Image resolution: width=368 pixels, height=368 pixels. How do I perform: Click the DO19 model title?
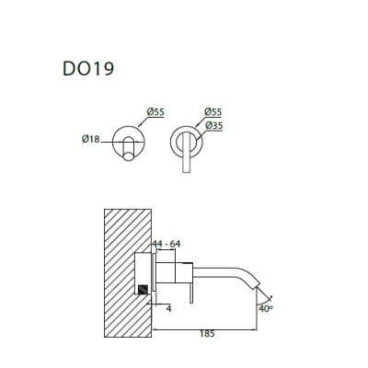click(88, 68)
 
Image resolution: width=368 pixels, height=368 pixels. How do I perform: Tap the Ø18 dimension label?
click(91, 139)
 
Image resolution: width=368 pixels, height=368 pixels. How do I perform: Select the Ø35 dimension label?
click(213, 125)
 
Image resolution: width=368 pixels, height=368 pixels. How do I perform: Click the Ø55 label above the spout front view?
click(155, 112)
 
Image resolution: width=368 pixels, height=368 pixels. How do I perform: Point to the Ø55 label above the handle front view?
click(213, 112)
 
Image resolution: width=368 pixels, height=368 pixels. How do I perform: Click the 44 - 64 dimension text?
click(167, 244)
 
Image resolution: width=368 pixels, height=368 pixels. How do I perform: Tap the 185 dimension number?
click(207, 334)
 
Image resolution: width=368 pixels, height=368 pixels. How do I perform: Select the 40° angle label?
click(266, 308)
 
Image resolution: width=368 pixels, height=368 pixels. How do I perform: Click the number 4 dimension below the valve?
click(168, 308)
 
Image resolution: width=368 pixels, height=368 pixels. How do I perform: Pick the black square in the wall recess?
click(144, 290)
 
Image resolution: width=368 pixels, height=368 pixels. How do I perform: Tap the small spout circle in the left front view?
click(129, 157)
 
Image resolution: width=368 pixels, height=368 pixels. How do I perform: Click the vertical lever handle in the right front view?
click(187, 152)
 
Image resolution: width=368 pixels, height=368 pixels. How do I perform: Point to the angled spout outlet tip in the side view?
click(256, 285)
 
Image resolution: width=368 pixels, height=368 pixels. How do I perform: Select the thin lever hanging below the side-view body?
click(191, 293)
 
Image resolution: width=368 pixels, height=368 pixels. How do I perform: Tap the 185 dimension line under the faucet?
click(204, 330)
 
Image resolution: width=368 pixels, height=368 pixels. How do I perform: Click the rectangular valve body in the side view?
click(175, 272)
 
